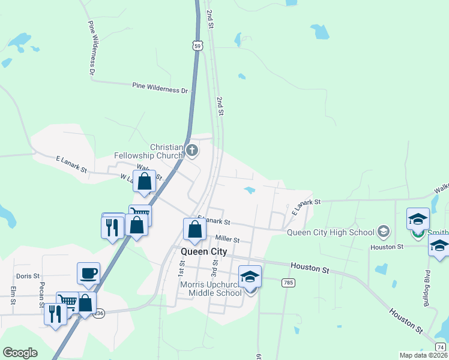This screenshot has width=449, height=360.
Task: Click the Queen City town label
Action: pyautogui.click(x=204, y=252)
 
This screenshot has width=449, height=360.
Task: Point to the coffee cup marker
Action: pyautogui.click(x=88, y=274)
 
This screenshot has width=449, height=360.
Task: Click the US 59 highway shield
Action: pyautogui.click(x=198, y=46)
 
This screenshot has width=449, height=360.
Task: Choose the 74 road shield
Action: pyautogui.click(x=441, y=346)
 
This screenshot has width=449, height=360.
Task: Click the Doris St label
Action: pyautogui.click(x=28, y=276)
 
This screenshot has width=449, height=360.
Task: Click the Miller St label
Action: pyautogui.click(x=228, y=239)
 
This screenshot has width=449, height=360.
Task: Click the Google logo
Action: pyautogui.click(x=20, y=353)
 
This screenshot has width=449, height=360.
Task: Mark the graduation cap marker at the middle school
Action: pyautogui.click(x=250, y=277)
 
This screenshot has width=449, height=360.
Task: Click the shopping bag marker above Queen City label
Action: pyautogui.click(x=194, y=229)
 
